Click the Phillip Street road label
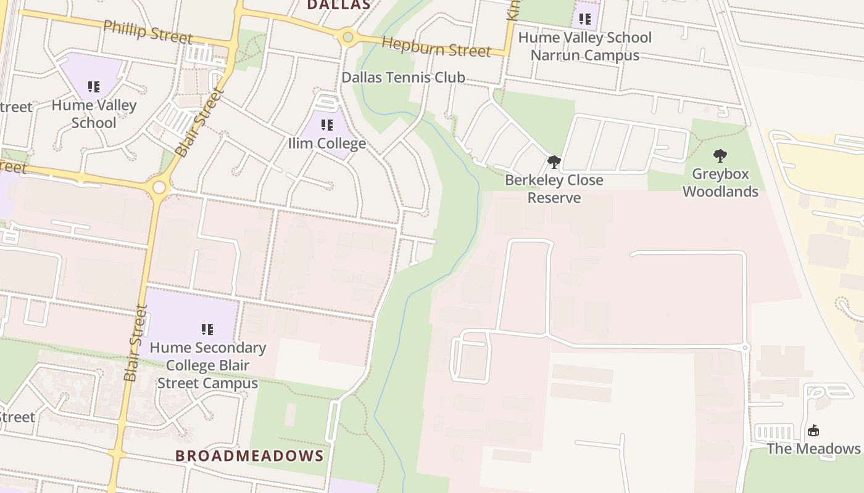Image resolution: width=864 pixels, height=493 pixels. pos(147,31)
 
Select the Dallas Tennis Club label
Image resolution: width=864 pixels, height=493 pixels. pos(403,78)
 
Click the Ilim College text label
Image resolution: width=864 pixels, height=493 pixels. pos(327,144)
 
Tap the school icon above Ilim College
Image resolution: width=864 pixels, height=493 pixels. pos(327,126)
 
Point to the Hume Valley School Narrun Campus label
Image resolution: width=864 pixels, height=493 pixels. pos(584,46)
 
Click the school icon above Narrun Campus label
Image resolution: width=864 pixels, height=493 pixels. pos(584,19)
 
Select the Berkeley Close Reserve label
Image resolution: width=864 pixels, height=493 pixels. pos(554,189)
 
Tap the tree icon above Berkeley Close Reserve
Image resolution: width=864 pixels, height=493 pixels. pos(554,163)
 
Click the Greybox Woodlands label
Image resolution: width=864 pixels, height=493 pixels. pos(720,182)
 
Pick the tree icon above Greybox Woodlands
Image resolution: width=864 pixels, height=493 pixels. pos(720,156)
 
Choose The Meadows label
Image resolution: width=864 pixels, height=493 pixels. pos(813,449)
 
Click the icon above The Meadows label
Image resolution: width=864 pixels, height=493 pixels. pos(813,430)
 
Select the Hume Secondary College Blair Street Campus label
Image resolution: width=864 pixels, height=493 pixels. pos(207,365)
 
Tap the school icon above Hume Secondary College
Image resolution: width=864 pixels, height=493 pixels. pos(207,330)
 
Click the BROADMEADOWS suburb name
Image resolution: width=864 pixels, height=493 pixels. pos(249,456)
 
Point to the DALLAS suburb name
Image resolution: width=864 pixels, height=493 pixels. pos(339,5)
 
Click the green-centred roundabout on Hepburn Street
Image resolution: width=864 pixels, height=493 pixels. pos(348,38)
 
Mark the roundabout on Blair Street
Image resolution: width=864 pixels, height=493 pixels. pos(159,187)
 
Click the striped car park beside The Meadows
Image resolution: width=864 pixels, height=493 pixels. pos(775,432)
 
